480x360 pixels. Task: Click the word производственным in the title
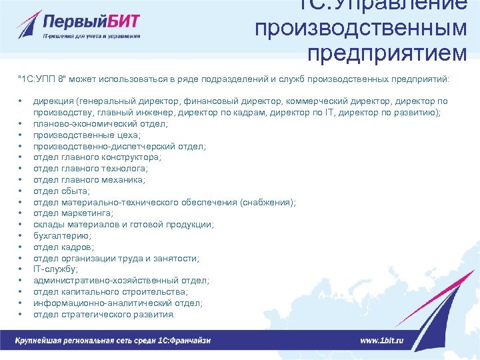pyautogui.click(x=361, y=28)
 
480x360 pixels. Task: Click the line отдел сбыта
pyautogui.click(x=61, y=191)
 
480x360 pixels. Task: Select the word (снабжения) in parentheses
pyautogui.click(x=267, y=202)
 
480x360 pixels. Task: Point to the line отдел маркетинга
pyautogui.click(x=73, y=213)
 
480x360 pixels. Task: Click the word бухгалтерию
pyautogui.click(x=62, y=235)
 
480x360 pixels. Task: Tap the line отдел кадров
pyautogui.click(x=62, y=247)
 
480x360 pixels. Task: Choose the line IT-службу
pyautogui.click(x=55, y=269)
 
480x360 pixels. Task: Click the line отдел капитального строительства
pyautogui.click(x=110, y=291)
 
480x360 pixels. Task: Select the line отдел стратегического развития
pyautogui.click(x=104, y=314)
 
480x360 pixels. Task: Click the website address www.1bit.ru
pyautogui.click(x=381, y=340)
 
